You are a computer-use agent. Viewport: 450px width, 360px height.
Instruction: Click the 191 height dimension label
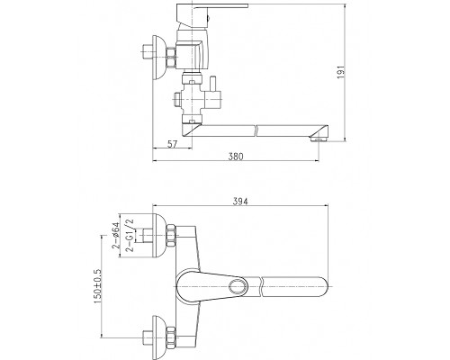pyautogui.click(x=341, y=72)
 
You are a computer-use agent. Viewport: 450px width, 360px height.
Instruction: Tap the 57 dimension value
pyautogui.click(x=172, y=144)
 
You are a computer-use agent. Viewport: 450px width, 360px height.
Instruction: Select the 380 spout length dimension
pyautogui.click(x=236, y=157)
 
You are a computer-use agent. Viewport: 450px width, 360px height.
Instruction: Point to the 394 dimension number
pyautogui.click(x=240, y=202)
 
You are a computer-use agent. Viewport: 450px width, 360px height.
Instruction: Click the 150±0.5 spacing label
pyautogui.click(x=98, y=286)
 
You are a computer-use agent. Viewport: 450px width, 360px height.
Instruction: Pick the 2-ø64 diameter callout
pyautogui.click(x=116, y=236)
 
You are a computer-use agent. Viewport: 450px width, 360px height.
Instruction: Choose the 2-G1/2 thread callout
pyautogui.click(x=130, y=236)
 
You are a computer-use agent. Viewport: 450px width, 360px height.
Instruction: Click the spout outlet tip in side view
pyautogui.click(x=319, y=139)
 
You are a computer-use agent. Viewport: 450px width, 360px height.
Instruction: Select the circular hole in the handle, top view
pyautogui.click(x=238, y=285)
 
